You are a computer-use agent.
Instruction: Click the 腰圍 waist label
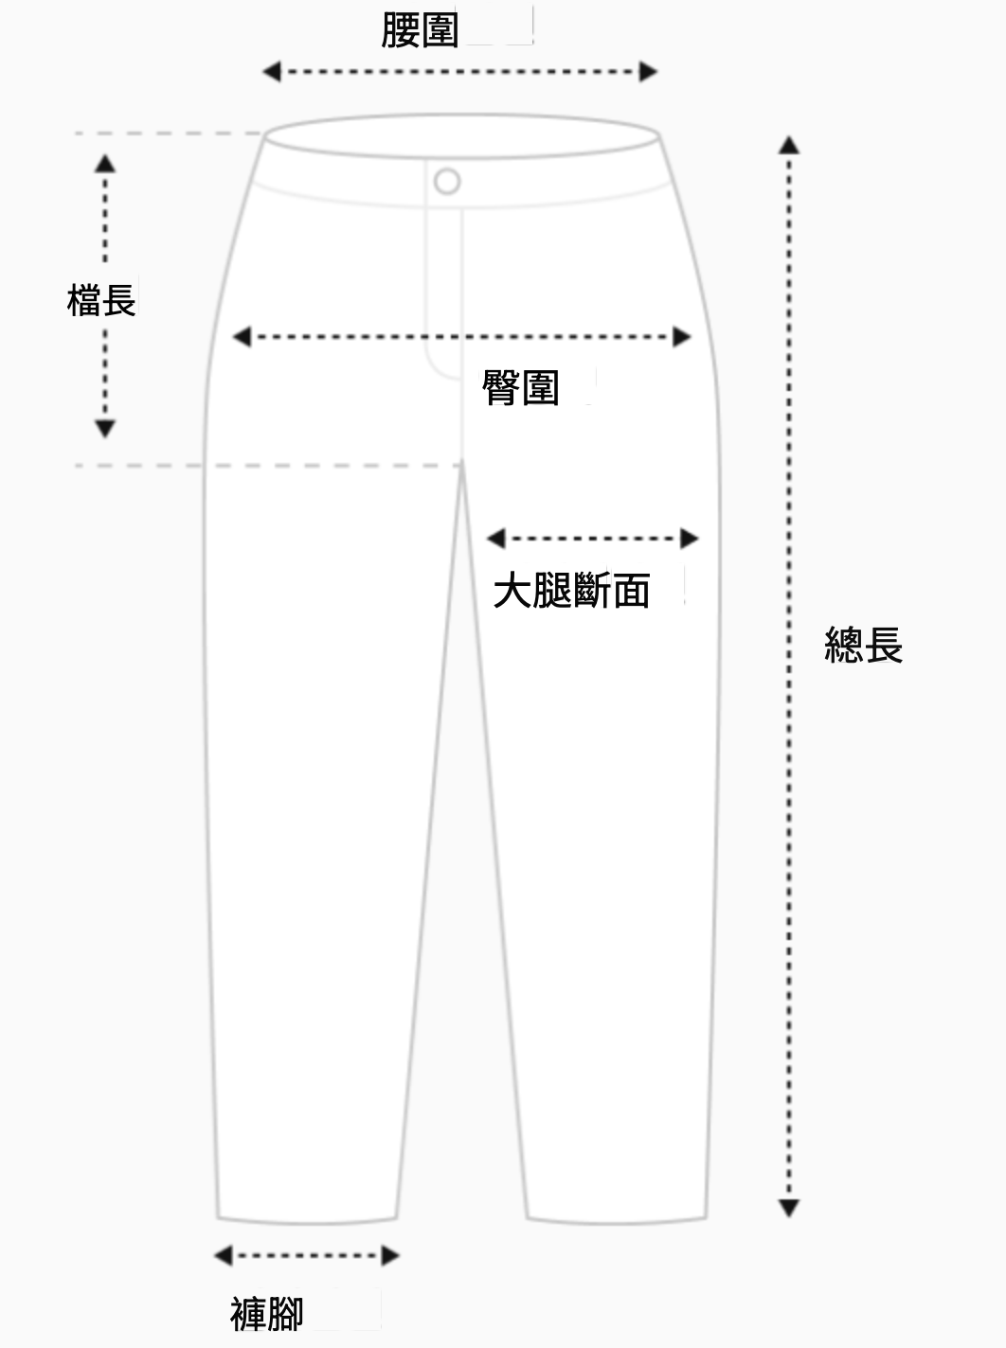click(x=419, y=30)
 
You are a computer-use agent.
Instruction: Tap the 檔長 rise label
click(x=101, y=300)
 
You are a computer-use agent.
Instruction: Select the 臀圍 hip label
click(x=520, y=387)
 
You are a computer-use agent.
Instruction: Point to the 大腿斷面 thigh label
click(x=571, y=591)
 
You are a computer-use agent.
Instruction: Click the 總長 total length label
click(x=863, y=646)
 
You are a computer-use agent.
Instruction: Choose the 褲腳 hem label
click(x=266, y=1313)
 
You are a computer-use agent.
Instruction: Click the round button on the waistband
click(x=447, y=181)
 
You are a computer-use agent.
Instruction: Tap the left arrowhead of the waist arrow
click(x=271, y=71)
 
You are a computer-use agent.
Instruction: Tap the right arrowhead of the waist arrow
click(x=649, y=71)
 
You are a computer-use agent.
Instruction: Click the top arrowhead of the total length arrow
click(x=788, y=145)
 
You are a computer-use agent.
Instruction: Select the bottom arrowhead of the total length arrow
click(x=788, y=1208)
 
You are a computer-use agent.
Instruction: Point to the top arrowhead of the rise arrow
click(x=105, y=162)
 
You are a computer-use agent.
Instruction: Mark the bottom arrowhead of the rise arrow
click(x=105, y=429)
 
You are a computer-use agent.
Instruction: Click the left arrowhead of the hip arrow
click(x=242, y=336)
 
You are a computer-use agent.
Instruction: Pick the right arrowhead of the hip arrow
click(x=682, y=336)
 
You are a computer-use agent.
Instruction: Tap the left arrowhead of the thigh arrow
click(x=495, y=539)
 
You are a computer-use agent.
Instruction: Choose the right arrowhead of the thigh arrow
click(x=690, y=539)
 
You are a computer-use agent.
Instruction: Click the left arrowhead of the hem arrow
click(x=223, y=1256)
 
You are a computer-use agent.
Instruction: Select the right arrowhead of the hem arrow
click(x=390, y=1256)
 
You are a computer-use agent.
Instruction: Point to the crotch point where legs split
click(x=461, y=465)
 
